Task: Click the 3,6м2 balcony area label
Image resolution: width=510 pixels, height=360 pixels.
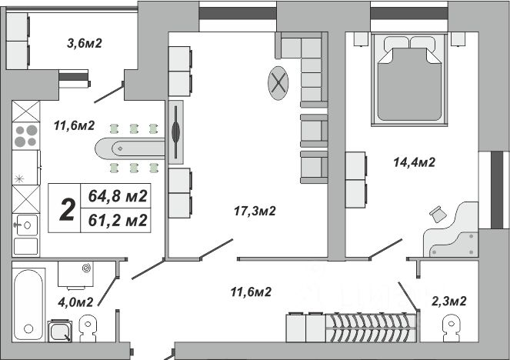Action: (85, 43)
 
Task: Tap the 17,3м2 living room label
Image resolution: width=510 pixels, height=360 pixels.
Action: (255, 211)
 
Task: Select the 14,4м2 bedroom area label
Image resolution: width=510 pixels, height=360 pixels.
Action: (415, 162)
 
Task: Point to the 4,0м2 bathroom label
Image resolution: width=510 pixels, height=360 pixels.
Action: (77, 301)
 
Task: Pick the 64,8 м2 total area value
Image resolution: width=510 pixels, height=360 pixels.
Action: (118, 197)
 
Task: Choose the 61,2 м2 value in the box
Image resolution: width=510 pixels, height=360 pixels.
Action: (118, 220)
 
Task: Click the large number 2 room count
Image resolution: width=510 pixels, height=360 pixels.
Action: (67, 209)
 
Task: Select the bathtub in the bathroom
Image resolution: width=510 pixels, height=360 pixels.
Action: (28, 304)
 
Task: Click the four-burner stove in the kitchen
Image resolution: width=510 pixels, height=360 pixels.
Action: (25, 135)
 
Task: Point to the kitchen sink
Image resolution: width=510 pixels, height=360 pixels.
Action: (25, 225)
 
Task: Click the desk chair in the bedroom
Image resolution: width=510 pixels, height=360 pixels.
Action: (438, 214)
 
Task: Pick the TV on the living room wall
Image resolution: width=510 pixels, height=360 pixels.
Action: (176, 132)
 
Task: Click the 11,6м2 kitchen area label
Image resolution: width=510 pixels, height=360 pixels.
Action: (74, 125)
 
